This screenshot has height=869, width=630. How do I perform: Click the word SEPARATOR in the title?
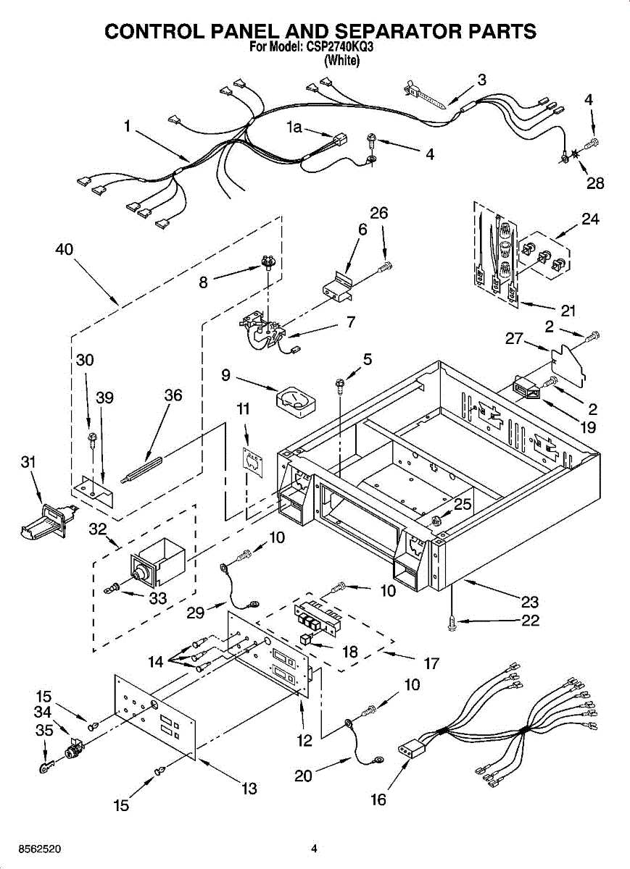pyautogui.click(x=394, y=31)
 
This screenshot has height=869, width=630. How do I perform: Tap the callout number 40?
pyautogui.click(x=64, y=250)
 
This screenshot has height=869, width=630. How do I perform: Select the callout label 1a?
pyautogui.click(x=294, y=127)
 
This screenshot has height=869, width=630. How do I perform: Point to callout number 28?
pyautogui.click(x=595, y=183)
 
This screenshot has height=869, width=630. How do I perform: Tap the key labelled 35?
pyautogui.click(x=46, y=763)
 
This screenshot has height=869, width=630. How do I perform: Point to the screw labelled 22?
pyautogui.click(x=452, y=620)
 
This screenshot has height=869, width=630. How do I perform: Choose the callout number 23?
pyautogui.click(x=529, y=601)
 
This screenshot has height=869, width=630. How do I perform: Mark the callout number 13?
pyautogui.click(x=249, y=789)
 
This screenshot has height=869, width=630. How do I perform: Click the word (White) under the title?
pyautogui.click(x=341, y=61)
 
